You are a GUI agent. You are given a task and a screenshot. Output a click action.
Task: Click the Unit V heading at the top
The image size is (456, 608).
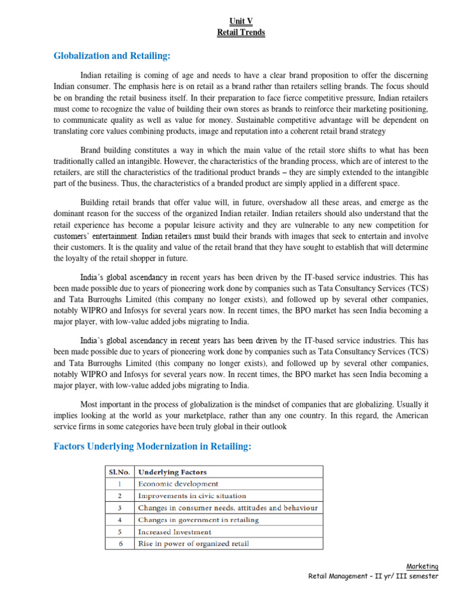point(241,21)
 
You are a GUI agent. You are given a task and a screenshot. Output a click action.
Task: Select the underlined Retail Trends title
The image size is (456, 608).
point(241,33)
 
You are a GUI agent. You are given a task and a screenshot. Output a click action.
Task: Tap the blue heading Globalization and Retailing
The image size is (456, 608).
point(112,56)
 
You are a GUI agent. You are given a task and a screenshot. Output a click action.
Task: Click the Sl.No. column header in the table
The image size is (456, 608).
point(119,472)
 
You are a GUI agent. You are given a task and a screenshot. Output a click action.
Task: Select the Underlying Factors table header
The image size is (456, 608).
point(172,472)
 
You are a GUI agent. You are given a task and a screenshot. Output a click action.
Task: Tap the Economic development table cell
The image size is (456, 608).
point(178,484)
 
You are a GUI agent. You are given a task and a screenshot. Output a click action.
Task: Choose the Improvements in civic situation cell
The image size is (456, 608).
point(192,496)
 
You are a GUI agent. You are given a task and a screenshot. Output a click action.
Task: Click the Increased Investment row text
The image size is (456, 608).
point(174,531)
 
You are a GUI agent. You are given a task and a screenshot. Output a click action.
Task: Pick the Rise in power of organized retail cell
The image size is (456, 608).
point(194,543)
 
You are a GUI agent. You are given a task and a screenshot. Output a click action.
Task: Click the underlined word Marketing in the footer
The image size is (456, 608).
point(422,566)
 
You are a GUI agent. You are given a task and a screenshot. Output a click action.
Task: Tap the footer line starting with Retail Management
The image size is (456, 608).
point(373,576)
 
